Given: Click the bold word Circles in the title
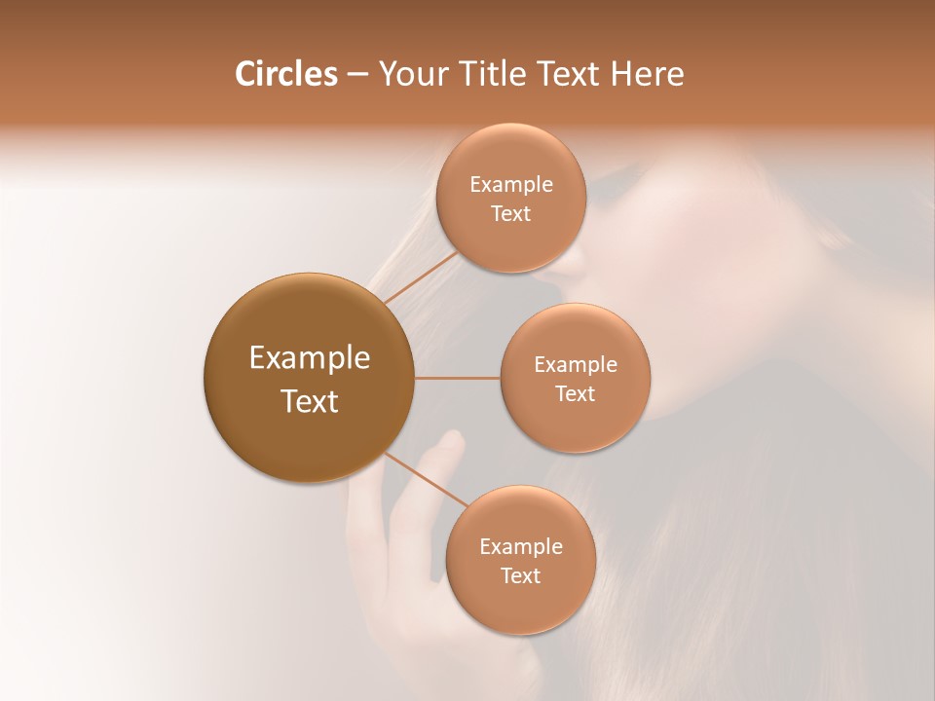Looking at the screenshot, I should click(x=286, y=74).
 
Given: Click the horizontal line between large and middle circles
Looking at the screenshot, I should click(x=458, y=378).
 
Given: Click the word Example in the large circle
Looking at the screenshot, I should click(x=309, y=358).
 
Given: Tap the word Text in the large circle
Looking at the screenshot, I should click(x=309, y=401).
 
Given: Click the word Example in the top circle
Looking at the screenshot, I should click(x=510, y=184).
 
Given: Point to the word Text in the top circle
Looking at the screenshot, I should click(x=510, y=213).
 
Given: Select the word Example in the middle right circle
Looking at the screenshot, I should click(x=575, y=364).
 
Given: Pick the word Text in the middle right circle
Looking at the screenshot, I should click(x=575, y=393).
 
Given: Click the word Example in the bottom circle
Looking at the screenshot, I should click(x=520, y=546).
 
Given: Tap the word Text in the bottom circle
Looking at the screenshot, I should click(x=520, y=575).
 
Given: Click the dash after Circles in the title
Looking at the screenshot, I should click(x=357, y=75).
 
